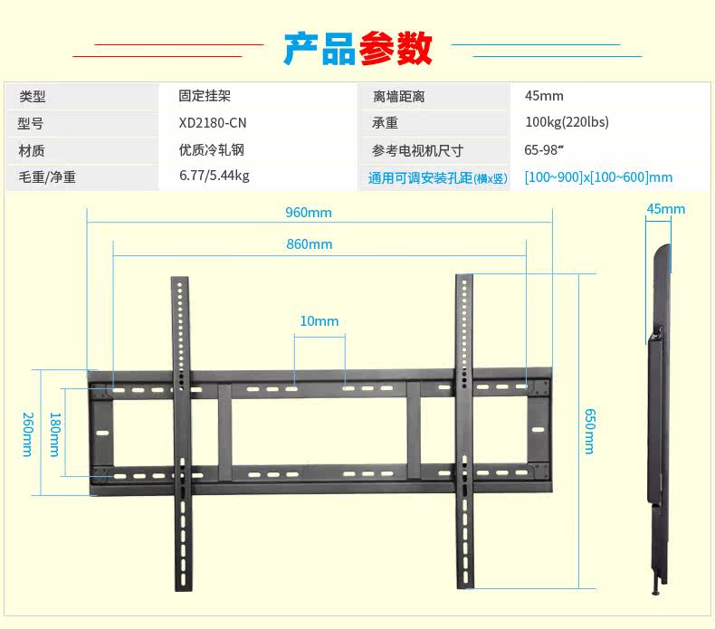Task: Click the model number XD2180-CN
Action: click(213, 123)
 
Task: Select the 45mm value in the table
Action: click(544, 96)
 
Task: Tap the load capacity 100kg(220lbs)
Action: click(567, 123)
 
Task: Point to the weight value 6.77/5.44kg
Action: click(214, 176)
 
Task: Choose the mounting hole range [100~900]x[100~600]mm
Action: click(598, 177)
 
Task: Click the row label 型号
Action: click(31, 123)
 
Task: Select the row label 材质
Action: click(31, 150)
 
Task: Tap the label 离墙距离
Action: click(398, 96)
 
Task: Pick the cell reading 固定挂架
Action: click(205, 96)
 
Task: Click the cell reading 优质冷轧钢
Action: click(212, 150)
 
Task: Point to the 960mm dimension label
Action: click(309, 213)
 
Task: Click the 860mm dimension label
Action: click(309, 244)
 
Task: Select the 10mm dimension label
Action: click(319, 321)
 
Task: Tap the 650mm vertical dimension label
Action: click(590, 431)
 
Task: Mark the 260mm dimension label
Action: click(27, 434)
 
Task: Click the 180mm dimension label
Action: click(54, 434)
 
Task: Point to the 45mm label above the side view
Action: click(665, 209)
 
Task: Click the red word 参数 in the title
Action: click(396, 48)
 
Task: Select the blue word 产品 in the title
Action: click(319, 48)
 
